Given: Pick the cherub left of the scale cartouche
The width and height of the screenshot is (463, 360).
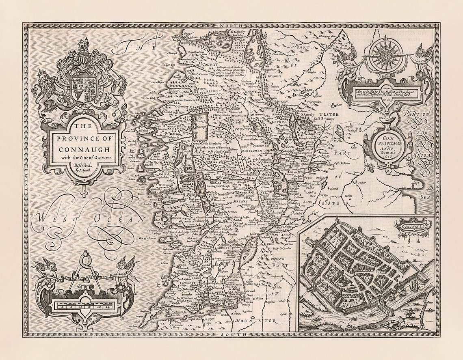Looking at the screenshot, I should pos(47,272).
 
